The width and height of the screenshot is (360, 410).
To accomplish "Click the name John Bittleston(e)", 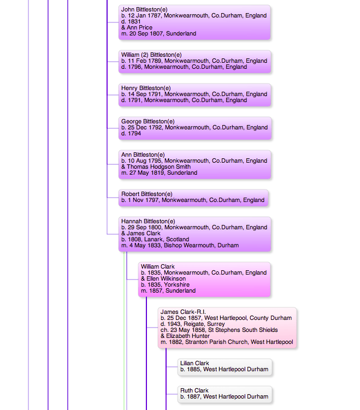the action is click(144, 10).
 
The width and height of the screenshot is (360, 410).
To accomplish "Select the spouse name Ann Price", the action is click(139, 27).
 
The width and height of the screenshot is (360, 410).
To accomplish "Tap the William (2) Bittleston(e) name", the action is click(151, 55).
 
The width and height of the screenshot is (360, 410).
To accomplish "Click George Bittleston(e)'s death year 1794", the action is click(134, 134).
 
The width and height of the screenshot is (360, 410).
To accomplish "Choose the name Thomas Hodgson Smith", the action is click(158, 167).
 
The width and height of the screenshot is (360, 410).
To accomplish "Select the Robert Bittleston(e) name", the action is click(147, 194).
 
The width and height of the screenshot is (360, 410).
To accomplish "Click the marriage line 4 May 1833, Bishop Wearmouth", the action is click(180, 246).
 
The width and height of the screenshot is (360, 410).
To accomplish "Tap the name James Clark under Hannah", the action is click(144, 233).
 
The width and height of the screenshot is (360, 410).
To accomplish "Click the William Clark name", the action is click(158, 267).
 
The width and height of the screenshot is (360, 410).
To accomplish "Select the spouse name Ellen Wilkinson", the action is click(166, 279).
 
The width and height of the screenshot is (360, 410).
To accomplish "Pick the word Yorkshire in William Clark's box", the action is click(176, 285).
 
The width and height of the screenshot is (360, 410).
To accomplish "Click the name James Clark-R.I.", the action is click(183, 312).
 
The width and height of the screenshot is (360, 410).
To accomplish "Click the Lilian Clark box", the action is click(225, 367).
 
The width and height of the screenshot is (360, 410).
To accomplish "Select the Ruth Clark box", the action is click(225, 394).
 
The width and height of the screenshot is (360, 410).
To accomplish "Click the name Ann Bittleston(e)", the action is click(143, 155).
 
